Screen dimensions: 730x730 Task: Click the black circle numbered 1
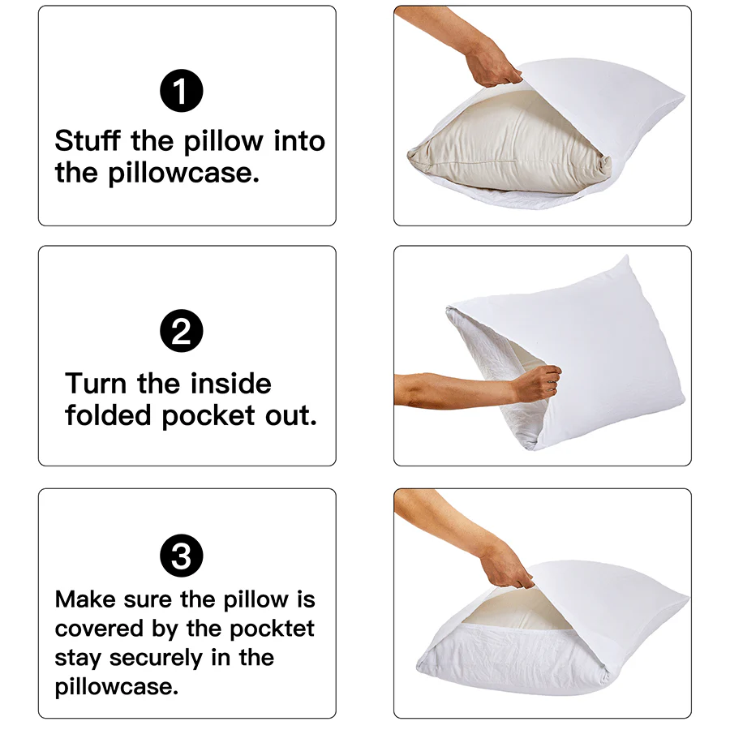click(181, 91)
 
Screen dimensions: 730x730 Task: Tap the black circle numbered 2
click(181, 333)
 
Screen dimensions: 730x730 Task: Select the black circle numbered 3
click(181, 556)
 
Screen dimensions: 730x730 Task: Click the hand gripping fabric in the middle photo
click(537, 381)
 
